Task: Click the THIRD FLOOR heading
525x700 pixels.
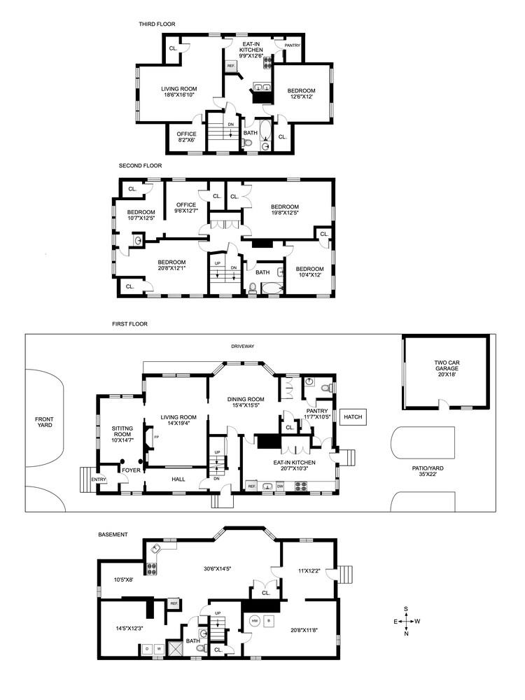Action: tap(157, 24)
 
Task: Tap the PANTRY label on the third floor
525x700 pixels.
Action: tap(292, 46)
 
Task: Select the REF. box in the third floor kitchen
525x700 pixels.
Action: tap(230, 66)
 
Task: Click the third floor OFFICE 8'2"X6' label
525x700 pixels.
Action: tap(186, 136)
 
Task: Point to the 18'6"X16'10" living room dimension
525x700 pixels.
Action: tap(179, 97)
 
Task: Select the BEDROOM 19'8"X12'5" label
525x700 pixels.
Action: tap(285, 210)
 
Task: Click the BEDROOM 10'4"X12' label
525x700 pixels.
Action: tap(309, 272)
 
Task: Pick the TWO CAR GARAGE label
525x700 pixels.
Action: tap(445, 366)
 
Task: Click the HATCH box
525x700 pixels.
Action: tap(353, 418)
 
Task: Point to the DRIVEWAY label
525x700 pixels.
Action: tap(244, 346)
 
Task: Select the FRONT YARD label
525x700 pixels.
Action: tap(44, 422)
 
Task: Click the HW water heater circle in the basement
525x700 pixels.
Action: tap(254, 620)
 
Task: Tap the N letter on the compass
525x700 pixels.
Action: tap(407, 633)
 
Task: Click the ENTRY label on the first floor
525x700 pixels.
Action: tap(99, 479)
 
